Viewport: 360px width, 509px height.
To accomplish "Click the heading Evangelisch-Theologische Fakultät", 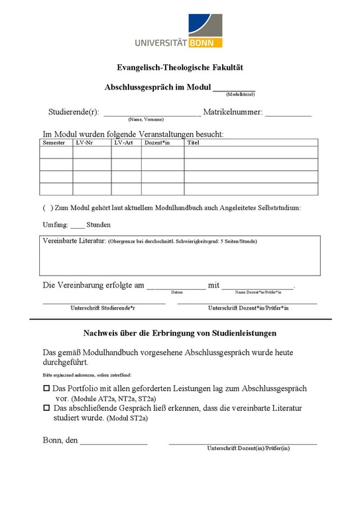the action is click(x=180, y=68).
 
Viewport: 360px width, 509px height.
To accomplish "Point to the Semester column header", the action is click(x=54, y=142).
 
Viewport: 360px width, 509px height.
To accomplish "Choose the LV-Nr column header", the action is click(x=84, y=142).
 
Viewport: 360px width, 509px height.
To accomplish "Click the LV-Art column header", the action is click(x=123, y=142).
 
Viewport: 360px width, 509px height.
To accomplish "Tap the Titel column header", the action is click(x=194, y=142).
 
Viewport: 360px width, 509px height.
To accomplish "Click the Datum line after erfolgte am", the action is click(x=176, y=287).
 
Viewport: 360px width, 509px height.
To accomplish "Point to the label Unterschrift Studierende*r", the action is click(x=103, y=308).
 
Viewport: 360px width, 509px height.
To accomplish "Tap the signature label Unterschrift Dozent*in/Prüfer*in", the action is click(x=248, y=308).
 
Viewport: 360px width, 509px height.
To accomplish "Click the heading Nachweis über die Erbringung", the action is click(x=180, y=333).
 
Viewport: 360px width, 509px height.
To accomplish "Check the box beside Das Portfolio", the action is click(x=46, y=388).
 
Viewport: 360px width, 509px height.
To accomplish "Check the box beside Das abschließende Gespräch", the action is click(x=46, y=408).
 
